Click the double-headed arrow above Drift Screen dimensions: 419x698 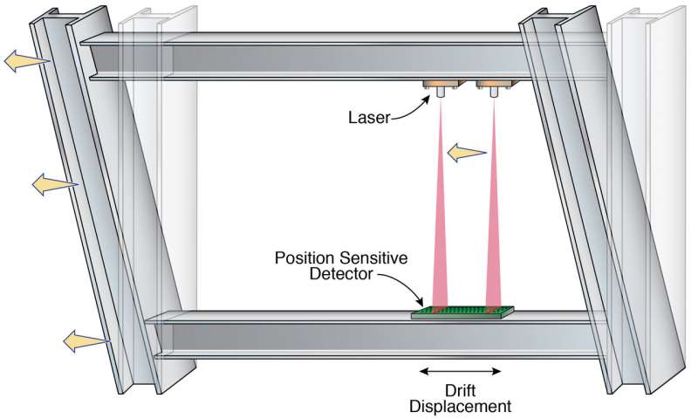coord(461,371)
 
